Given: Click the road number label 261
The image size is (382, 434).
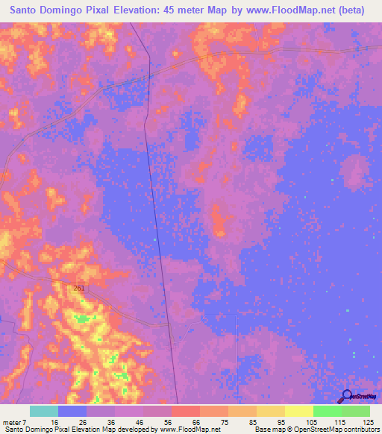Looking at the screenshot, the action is click(80, 288).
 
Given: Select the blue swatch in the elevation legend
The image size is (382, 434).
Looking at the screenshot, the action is click(72, 411).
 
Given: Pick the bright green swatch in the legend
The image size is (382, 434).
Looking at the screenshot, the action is click(327, 411).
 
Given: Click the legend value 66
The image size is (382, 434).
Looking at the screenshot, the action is click(196, 421).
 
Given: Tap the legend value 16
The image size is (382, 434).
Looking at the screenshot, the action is click(65, 421).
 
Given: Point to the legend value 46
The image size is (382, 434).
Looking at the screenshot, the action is click(140, 421).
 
